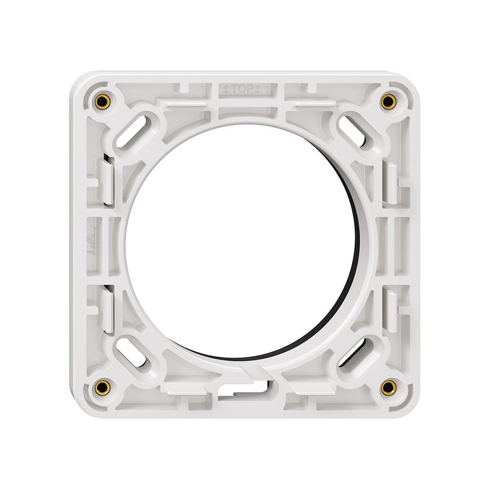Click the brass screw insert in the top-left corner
click(x=102, y=102)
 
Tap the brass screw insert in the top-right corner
click(x=388, y=102)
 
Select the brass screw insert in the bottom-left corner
click(x=102, y=387)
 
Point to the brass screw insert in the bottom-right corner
click(x=388, y=387)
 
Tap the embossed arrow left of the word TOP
click(x=226, y=89)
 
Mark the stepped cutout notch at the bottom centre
click(x=244, y=389)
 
